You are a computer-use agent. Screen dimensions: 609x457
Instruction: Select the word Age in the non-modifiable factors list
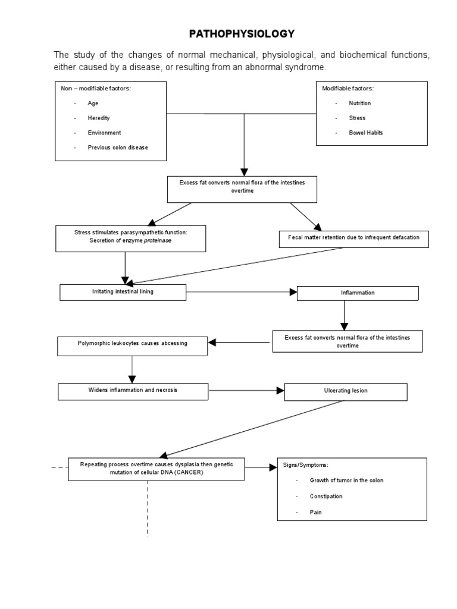tap(93, 103)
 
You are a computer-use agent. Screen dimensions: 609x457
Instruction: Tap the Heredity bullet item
tap(98, 118)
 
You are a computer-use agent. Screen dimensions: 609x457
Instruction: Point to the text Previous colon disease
tap(118, 147)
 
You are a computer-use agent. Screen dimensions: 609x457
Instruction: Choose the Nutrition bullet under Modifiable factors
tap(361, 103)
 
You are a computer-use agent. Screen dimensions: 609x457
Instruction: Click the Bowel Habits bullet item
tap(366, 133)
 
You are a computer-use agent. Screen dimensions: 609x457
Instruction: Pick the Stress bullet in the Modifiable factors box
tap(358, 118)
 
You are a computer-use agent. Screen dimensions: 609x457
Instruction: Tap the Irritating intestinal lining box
tap(123, 292)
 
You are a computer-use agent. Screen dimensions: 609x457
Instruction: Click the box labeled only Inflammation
tap(358, 293)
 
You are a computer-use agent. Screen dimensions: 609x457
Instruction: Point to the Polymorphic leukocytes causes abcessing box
tap(132, 344)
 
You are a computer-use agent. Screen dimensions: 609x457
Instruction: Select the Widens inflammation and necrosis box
tap(133, 391)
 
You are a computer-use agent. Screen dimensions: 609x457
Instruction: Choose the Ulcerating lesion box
tap(346, 391)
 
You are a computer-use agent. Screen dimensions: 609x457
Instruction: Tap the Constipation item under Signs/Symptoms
tap(326, 495)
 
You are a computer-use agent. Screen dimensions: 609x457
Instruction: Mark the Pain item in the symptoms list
tap(315, 511)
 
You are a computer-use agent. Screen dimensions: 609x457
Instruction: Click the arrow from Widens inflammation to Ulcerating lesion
tap(246, 391)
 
